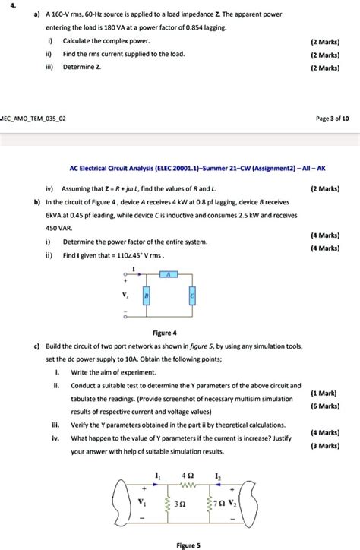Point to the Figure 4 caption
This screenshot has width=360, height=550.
tap(165, 333)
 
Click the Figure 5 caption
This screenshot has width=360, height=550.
tap(188, 545)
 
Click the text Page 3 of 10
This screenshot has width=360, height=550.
tap(330, 119)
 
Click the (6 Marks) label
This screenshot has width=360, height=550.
tap(324, 406)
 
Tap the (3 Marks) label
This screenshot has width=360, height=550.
tap(324, 447)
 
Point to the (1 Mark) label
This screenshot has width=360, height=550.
tap(324, 394)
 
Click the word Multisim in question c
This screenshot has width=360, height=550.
tap(251, 398)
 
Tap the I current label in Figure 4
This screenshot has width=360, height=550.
tap(134, 267)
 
